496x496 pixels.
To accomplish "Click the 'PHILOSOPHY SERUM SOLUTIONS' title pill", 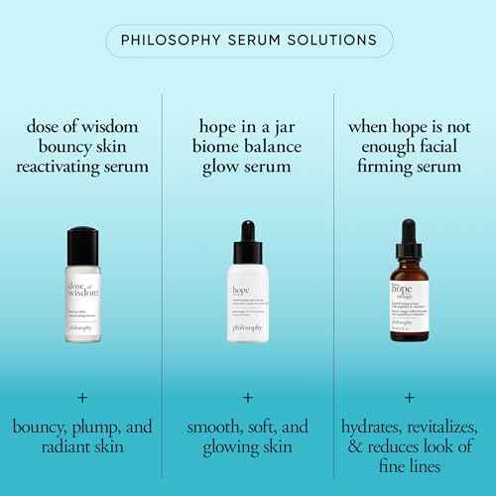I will (x=248, y=41).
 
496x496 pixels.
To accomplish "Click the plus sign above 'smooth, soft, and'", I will (x=248, y=396).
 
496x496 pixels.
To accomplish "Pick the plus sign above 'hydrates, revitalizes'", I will (x=409, y=396).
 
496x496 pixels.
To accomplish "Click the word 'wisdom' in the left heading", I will (x=120, y=127).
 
